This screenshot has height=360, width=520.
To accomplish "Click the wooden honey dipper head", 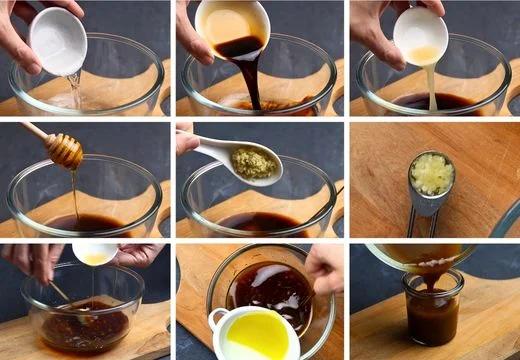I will click(65, 151).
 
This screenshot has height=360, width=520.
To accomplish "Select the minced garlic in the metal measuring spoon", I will click(432, 174).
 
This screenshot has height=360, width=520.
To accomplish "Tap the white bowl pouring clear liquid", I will click(58, 40).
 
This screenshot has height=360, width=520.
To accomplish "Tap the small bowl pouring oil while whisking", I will click(94, 254).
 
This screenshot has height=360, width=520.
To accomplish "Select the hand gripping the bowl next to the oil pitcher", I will click(325, 268).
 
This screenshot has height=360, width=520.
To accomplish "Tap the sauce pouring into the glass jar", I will click(429, 276).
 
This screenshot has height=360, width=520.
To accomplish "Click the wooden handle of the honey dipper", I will click(35, 132).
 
